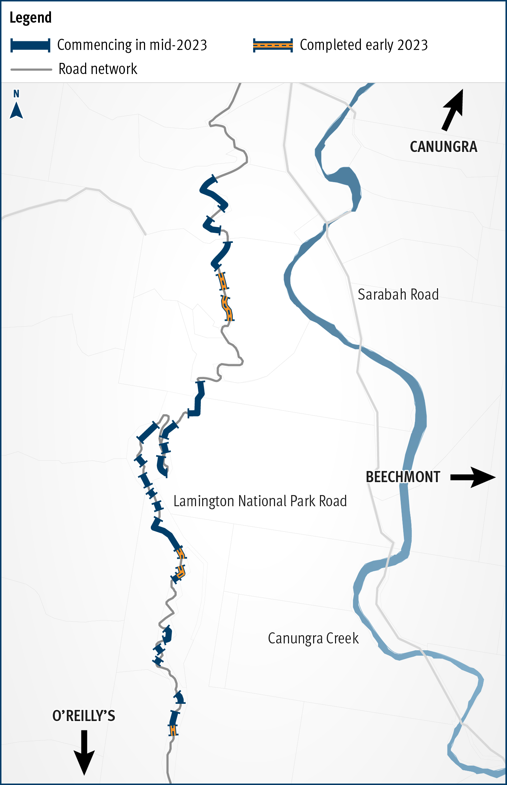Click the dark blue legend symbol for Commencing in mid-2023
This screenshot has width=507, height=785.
[x=30, y=46]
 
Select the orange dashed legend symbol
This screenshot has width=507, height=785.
[x=273, y=45]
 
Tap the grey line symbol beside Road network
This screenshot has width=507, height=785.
[x=31, y=69]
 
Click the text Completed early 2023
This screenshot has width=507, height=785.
[x=364, y=45]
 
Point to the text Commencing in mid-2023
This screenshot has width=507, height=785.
[x=132, y=45]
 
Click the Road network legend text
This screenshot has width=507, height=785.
[x=98, y=69]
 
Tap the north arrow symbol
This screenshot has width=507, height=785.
[x=17, y=111]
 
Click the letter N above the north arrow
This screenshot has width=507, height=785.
[x=16, y=94]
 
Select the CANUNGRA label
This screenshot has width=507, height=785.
[x=443, y=147]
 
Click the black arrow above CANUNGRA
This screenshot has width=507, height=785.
[x=453, y=109]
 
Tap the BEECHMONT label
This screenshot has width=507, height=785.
[x=403, y=477]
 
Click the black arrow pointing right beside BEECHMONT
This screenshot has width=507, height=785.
[x=474, y=477]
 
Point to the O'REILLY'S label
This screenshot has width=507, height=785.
[x=84, y=716]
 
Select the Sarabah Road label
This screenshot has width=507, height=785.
[x=398, y=295]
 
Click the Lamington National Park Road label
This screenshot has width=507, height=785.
[x=260, y=501]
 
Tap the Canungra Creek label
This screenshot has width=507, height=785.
[x=313, y=638]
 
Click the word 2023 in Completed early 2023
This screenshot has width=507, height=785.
[x=412, y=45]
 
